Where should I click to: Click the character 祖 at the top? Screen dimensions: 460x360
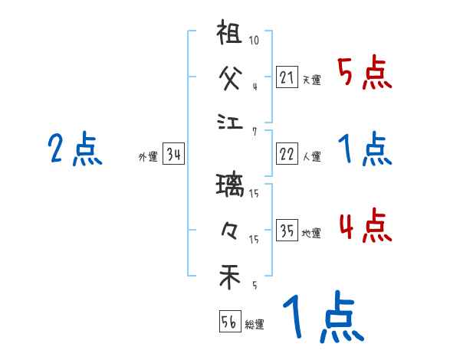coord(230,34)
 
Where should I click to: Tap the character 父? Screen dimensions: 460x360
coord(230,77)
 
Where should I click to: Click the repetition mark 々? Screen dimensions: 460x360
coord(230,229)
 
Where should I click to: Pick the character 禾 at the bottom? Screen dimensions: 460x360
coord(230,276)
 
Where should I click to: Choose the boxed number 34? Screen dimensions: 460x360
coord(173,155)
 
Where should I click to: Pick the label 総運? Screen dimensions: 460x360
coord(255,325)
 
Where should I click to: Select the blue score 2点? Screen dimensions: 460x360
coord(74,149)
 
